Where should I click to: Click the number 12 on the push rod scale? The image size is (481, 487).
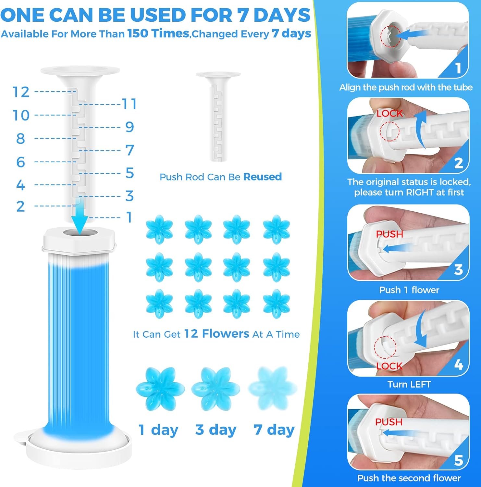point(21,92)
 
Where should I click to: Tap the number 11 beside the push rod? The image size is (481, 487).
point(129,104)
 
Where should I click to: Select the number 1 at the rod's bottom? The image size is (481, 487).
point(129,217)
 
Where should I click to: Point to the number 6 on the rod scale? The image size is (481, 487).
point(20,162)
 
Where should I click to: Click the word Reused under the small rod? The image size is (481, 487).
point(262,177)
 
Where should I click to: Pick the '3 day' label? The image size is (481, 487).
point(216,430)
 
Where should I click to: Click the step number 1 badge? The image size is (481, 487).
point(458,69)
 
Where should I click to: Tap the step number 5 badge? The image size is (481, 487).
point(459,460)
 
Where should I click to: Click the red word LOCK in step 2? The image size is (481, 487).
point(389,113)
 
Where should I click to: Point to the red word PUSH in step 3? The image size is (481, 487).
point(389,234)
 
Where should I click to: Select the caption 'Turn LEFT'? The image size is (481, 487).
point(409,384)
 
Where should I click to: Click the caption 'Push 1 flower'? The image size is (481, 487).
point(409,290)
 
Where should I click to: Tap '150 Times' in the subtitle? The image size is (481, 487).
point(158,33)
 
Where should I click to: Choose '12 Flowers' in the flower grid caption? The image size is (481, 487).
point(216,333)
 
